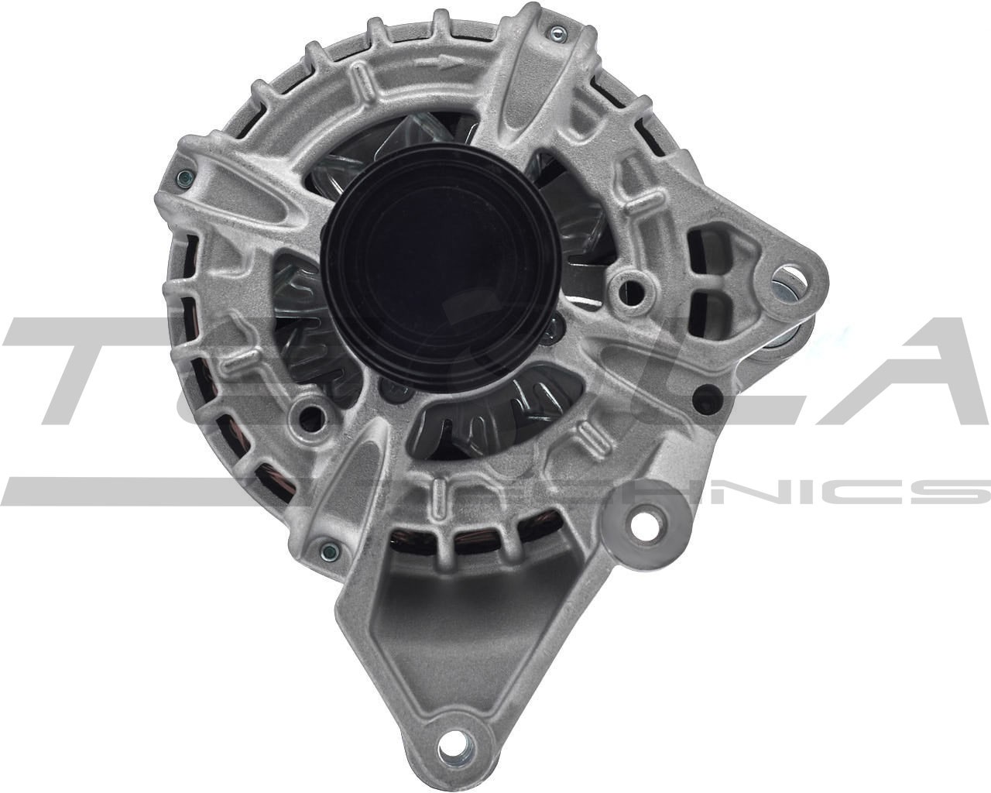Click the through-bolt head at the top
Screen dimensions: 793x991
556,32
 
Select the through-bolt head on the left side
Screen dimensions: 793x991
182,177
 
